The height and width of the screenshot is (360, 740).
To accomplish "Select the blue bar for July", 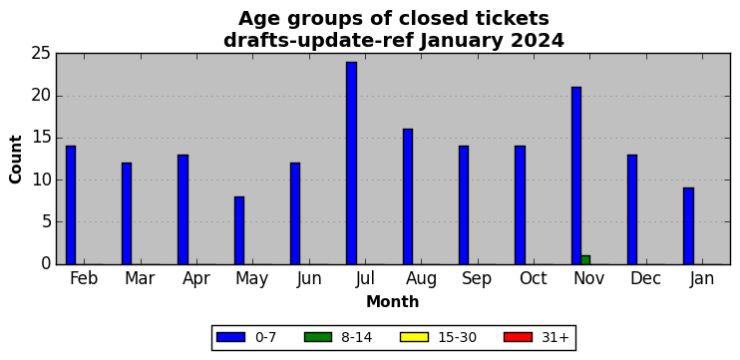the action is click(351, 163).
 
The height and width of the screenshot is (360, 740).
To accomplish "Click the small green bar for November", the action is click(585, 260).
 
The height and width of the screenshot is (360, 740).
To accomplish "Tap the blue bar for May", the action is click(239, 230).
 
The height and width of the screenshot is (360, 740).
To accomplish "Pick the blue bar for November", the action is click(576, 176).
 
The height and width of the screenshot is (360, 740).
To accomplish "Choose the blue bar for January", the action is click(688, 226).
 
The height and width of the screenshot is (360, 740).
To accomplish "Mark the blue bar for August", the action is click(408, 196).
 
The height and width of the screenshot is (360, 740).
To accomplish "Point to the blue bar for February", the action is click(71, 204).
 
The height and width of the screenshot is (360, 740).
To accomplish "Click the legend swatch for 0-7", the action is click(230, 337).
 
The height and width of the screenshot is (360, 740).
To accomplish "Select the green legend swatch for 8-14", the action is click(318, 337).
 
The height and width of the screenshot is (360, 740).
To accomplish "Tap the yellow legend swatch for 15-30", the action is click(414, 337).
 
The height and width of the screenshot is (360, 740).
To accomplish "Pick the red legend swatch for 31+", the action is click(518, 337).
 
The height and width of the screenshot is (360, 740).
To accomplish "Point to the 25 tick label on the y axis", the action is click(41, 54).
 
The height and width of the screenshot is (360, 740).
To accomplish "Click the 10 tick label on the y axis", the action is click(41, 180).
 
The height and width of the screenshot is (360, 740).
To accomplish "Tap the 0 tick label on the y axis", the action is click(46, 263).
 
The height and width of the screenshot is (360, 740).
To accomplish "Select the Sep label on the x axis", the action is click(476, 279).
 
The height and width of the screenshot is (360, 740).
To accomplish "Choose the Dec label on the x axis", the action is click(645, 278).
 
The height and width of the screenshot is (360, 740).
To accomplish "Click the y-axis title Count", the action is click(16, 159).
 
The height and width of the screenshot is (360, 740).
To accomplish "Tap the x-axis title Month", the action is click(393, 301).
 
